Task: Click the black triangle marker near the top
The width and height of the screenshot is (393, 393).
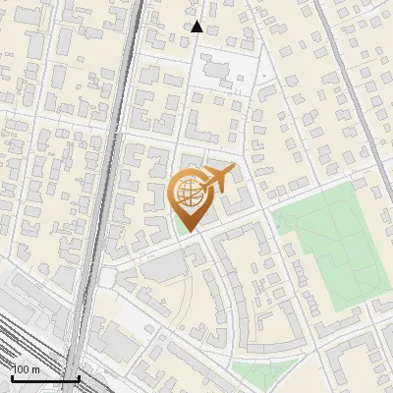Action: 196,27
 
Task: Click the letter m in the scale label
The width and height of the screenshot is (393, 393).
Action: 35,369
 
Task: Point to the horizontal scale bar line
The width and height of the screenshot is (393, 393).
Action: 44,378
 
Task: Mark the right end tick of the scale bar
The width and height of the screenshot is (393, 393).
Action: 79,376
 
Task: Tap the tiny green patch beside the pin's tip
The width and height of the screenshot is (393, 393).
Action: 178,223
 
